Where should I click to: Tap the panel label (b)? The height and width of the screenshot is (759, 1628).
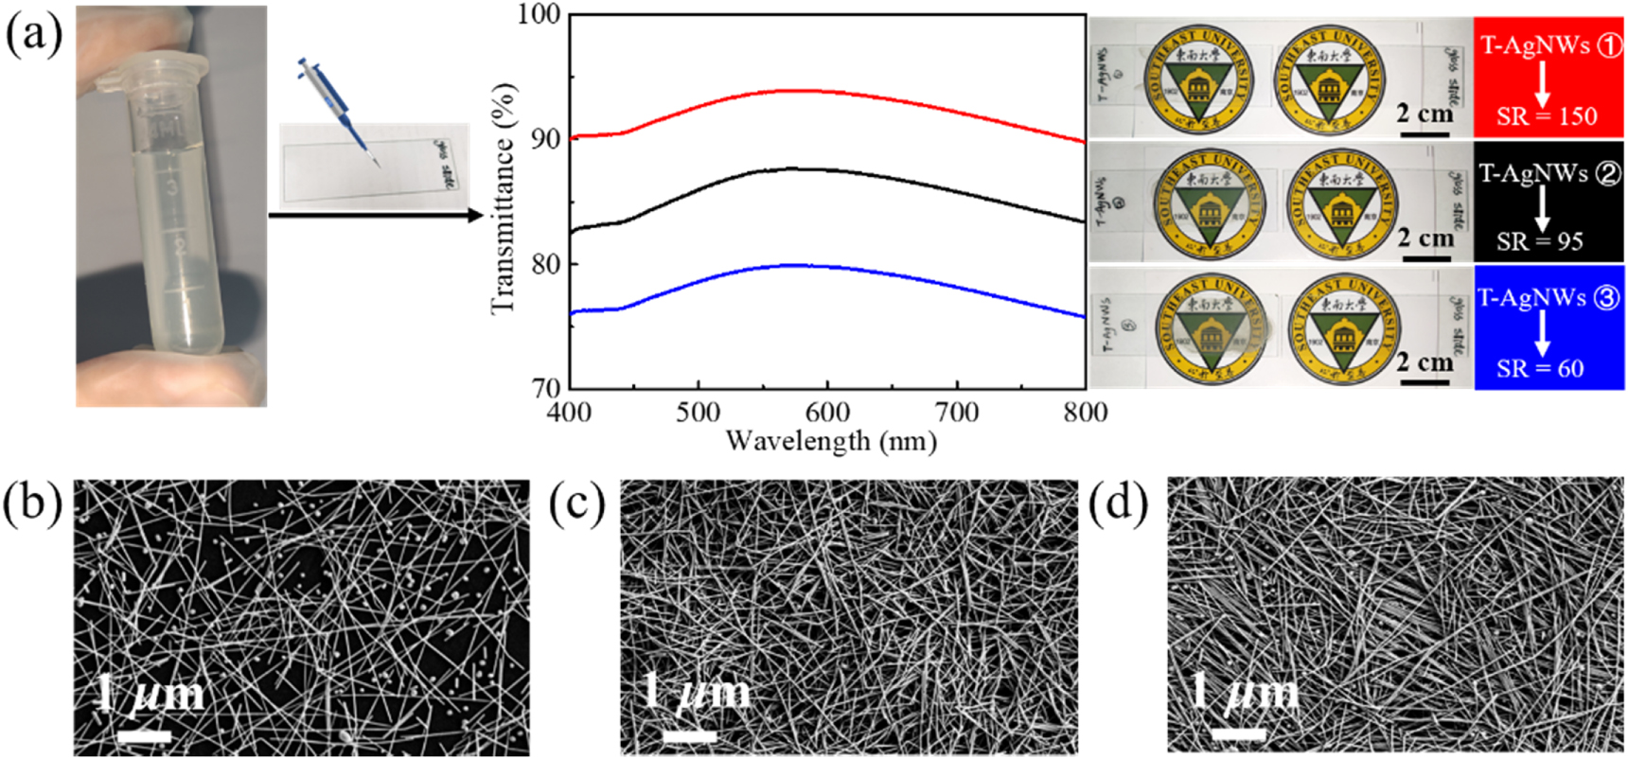tap(32, 503)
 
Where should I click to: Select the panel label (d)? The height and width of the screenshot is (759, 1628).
tap(1118, 503)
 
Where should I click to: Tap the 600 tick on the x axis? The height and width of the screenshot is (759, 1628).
tap(827, 412)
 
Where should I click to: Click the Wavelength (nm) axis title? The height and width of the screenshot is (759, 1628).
tap(831, 441)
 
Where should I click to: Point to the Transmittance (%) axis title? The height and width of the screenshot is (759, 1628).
tap(504, 199)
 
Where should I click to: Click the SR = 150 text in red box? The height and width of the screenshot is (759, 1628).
tap(1547, 116)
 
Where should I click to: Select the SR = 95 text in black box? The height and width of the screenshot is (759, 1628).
tap(1540, 241)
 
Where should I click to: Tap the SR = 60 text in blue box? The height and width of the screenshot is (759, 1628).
tap(1540, 368)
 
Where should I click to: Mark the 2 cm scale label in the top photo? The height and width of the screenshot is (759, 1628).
tap(1424, 114)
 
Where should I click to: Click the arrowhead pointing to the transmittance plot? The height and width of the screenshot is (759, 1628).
tap(475, 216)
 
